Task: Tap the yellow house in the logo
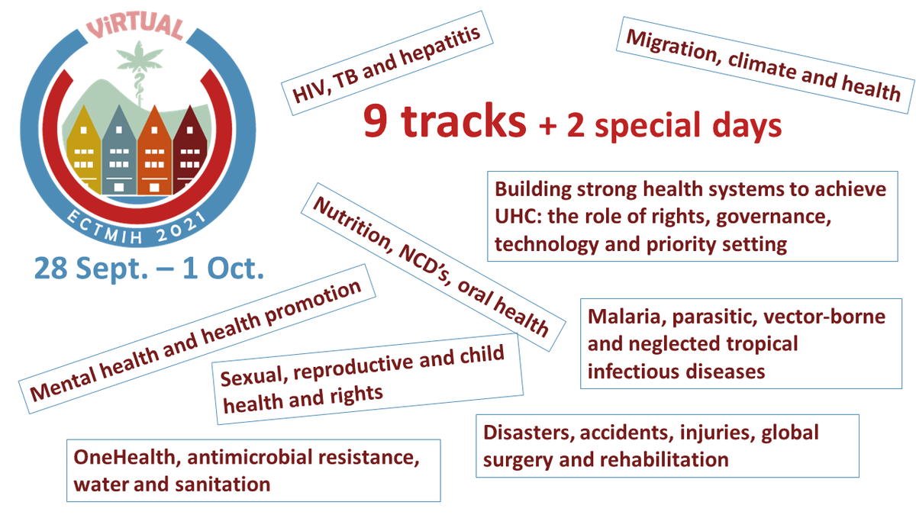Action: pyautogui.click(x=82, y=153)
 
